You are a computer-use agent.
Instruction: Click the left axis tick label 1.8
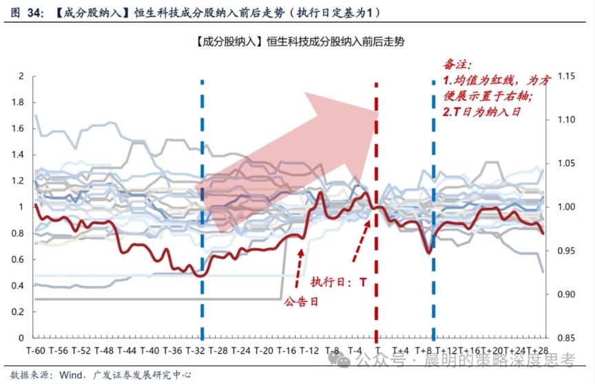click(18, 102)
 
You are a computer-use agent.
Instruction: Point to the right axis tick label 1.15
click(566, 76)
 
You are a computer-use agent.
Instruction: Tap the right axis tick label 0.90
click(566, 294)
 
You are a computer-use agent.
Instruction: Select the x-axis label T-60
click(35, 351)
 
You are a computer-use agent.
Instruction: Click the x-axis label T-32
click(195, 351)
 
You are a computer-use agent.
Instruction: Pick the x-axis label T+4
click(400, 351)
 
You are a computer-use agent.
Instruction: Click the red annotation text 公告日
click(301, 302)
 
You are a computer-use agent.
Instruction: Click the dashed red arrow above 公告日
click(300, 268)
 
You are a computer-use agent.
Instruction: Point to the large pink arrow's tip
click(378, 113)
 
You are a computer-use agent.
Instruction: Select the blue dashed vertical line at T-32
click(202, 210)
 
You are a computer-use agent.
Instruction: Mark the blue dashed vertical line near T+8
click(433, 210)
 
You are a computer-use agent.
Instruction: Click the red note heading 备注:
click(457, 65)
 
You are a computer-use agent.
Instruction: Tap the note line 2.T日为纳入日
click(481, 112)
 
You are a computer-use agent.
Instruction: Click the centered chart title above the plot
click(300, 41)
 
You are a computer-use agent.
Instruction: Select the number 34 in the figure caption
click(35, 13)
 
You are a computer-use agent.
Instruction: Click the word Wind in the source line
click(71, 375)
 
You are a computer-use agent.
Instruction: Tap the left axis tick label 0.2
click(18, 312)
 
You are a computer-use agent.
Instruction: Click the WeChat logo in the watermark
click(340, 359)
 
